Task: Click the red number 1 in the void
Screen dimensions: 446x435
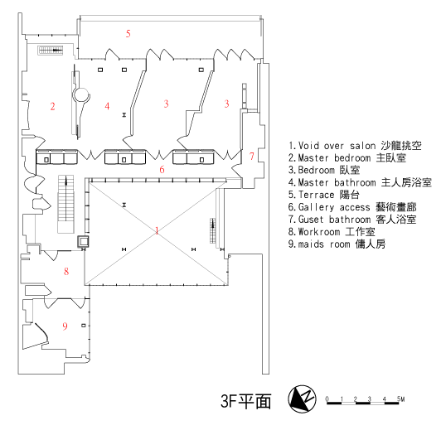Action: pyautogui.click(x=157, y=230)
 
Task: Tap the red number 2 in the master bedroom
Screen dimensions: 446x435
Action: pyautogui.click(x=52, y=106)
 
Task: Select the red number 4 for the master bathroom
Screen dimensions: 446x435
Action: pyautogui.click(x=107, y=106)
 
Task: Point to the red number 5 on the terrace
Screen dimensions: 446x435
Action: pyautogui.click(x=128, y=33)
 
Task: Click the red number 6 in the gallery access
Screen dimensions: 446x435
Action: pyautogui.click(x=162, y=170)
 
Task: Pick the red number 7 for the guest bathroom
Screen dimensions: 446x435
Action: pyautogui.click(x=251, y=156)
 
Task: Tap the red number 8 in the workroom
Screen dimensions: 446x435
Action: pyautogui.click(x=66, y=271)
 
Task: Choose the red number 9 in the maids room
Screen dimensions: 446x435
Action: pyautogui.click(x=65, y=326)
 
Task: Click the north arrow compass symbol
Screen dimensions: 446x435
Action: pyautogui.click(x=302, y=399)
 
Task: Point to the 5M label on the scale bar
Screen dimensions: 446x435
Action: pyautogui.click(x=400, y=399)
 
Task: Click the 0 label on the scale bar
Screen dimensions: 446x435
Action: pyautogui.click(x=327, y=399)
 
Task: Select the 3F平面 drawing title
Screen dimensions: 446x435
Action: pyautogui.click(x=245, y=401)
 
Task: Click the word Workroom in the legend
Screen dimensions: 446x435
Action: pyautogui.click(x=319, y=232)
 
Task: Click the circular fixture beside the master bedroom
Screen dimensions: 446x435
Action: pyautogui.click(x=81, y=95)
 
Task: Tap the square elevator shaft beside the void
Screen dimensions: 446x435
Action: pyautogui.click(x=84, y=242)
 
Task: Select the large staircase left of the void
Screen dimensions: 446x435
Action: pyautogui.click(x=66, y=204)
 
